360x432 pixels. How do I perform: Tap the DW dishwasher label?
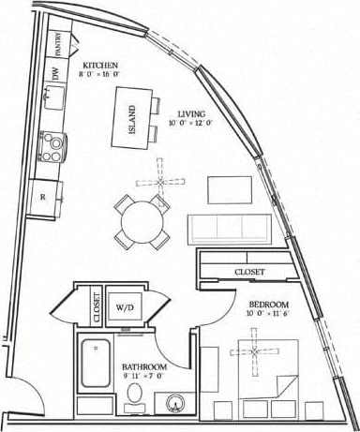55,72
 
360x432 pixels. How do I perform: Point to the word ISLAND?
131,117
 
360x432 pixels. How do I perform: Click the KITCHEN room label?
98,66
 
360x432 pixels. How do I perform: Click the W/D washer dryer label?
125,305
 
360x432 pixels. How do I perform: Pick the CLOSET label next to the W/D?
97,305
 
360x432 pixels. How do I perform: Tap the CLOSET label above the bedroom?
247,272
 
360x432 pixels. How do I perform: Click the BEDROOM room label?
268,306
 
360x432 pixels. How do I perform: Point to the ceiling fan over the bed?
251,352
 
